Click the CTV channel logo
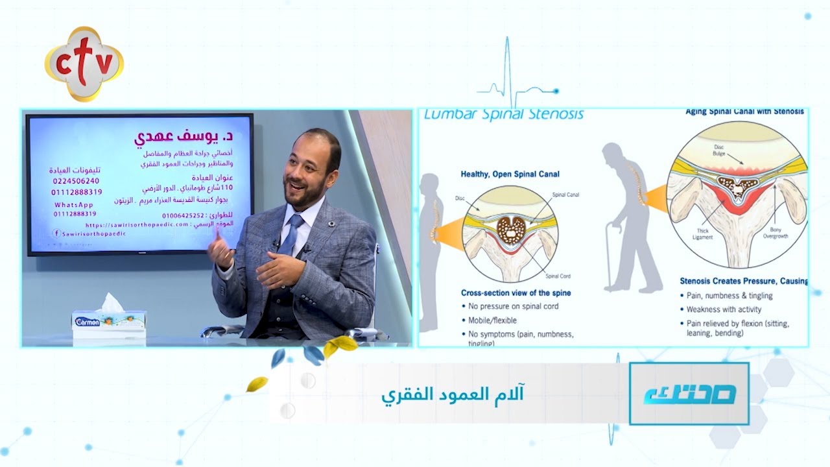click(84, 64)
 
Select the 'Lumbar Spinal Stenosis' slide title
click(503, 115)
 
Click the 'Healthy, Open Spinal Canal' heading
click(510, 174)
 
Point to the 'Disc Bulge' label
click(719, 150)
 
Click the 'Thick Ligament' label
click(702, 233)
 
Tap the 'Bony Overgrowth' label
click(776, 233)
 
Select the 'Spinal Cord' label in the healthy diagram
click(557, 276)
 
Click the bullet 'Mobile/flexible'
click(492, 320)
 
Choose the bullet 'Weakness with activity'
click(724, 309)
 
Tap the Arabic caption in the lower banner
click(452, 394)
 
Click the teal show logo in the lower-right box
click(689, 394)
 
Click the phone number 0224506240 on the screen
click(75, 181)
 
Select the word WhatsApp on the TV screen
click(75, 204)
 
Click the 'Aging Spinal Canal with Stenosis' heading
click(744, 112)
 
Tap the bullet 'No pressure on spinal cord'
click(513, 306)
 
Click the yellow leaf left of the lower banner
click(257, 384)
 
